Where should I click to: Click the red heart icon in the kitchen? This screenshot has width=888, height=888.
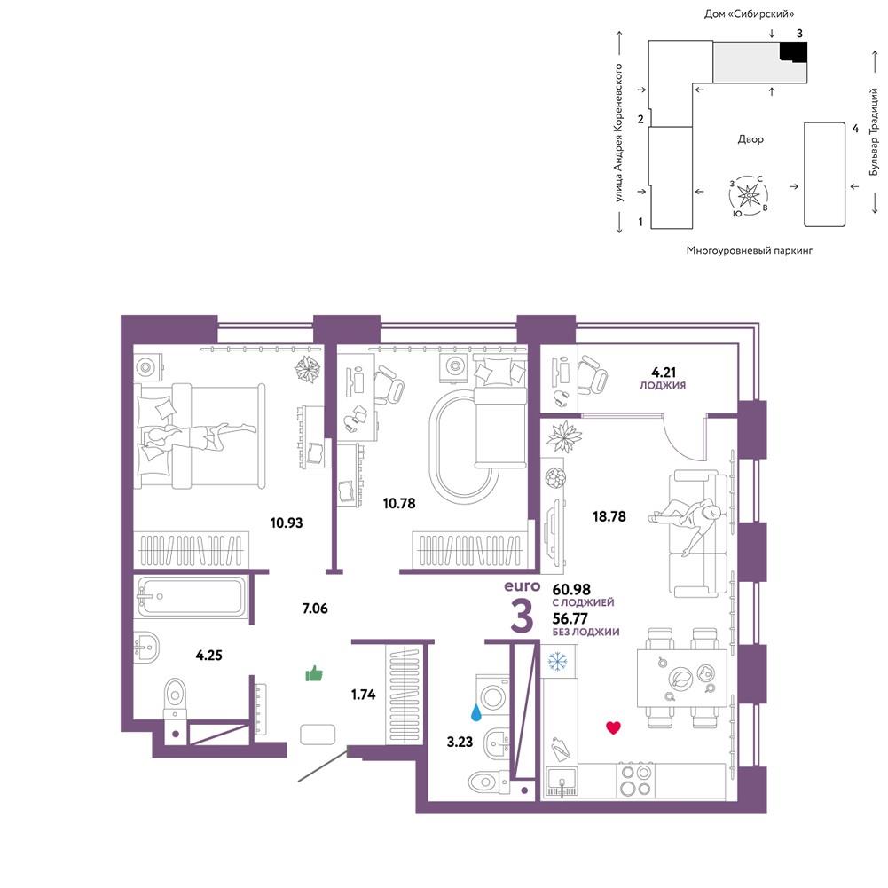coord(613,727)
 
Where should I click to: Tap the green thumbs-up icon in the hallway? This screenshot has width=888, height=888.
coord(314,673)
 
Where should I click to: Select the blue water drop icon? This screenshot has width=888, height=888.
coord(476,712)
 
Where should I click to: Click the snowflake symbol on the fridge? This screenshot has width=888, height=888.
coord(557,660)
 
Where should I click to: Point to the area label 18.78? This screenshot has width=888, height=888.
coord(609,516)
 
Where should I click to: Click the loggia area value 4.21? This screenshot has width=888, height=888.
coord(664,372)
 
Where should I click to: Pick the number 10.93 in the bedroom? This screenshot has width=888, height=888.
coord(286,523)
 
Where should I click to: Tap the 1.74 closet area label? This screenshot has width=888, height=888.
coord(363,695)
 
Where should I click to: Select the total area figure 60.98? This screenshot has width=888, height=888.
coord(571,590)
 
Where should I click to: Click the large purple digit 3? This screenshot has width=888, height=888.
coord(522,617)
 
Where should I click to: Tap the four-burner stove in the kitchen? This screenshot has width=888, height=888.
coord(635,781)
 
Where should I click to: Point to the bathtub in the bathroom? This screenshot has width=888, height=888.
coord(191,597)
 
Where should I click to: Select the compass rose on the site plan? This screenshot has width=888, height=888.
coord(749,195)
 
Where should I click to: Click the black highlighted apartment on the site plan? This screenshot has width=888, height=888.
coord(793,51)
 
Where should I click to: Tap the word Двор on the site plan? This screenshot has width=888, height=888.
coord(750,138)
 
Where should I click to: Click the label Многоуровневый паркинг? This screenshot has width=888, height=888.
coord(750,250)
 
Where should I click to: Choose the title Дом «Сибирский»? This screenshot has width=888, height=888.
coord(749,13)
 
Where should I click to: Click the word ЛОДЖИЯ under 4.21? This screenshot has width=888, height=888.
coord(663,385)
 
